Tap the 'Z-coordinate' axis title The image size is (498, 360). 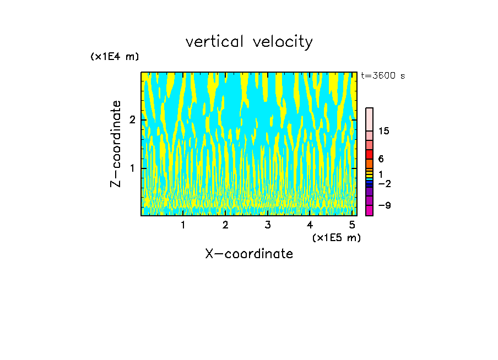click(116, 144)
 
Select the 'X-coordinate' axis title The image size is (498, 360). click(249, 254)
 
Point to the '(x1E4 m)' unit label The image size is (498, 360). click(115, 57)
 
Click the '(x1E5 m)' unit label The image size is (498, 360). click(336, 237)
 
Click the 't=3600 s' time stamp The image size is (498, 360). click(383, 76)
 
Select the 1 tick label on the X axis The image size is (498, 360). click(183, 225)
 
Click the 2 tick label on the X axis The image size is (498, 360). click(225, 225)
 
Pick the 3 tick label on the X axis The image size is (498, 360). click(268, 225)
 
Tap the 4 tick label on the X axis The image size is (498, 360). click(310, 225)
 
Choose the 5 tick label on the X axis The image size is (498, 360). click(352, 225)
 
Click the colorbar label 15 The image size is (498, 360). click(384, 131)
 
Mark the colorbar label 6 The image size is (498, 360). click(381, 159)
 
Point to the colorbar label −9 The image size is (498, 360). click(384, 206)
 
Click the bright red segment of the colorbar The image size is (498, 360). click(369, 154)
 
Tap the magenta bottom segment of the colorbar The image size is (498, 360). click(369, 210)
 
